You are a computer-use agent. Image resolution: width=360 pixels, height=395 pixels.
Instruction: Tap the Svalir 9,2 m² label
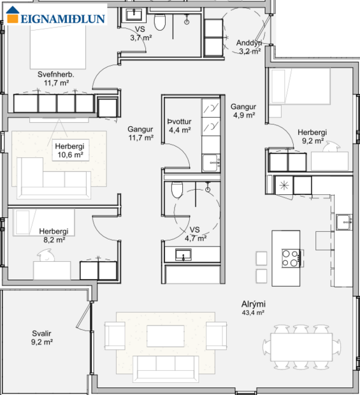41,338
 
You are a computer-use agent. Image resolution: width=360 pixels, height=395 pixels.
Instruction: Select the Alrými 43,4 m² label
253,308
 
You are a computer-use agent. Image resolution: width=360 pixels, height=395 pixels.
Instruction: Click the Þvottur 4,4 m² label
179,126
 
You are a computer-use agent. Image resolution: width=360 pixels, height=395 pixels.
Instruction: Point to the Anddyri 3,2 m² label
248,48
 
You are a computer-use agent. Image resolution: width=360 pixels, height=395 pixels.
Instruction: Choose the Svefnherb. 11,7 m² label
55,78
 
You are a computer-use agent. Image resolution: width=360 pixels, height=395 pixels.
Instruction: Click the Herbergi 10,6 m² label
69,150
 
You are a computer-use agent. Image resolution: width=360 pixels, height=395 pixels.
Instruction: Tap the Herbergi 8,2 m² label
53,236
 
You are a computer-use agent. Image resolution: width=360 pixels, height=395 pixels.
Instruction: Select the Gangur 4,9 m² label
243,111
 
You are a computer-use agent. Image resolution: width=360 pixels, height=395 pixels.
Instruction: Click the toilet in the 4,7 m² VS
178,189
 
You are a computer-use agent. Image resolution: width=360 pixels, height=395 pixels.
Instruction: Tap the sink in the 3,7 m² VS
134,14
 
